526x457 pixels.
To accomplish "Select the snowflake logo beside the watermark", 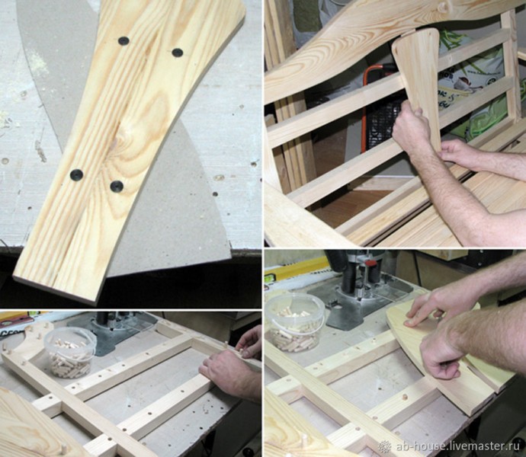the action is point(385,446).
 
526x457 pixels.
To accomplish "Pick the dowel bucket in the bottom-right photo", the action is point(295,323).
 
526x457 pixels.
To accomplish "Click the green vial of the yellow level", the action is point(268,277).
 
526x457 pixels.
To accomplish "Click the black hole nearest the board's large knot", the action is point(117,186).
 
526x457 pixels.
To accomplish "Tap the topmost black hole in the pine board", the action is point(123,41).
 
